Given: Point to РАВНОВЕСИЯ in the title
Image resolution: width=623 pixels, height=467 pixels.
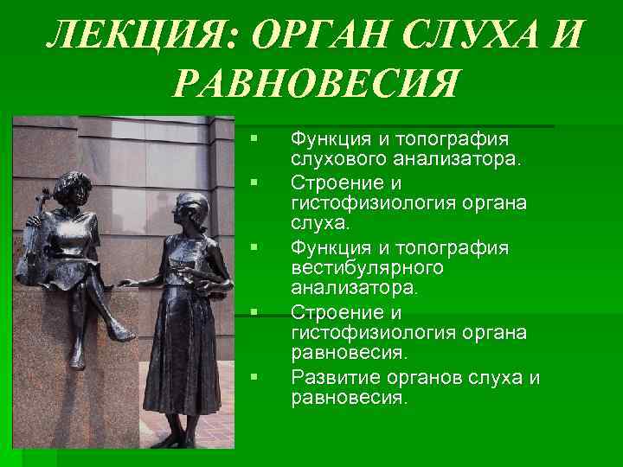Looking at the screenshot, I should (x=315, y=85).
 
